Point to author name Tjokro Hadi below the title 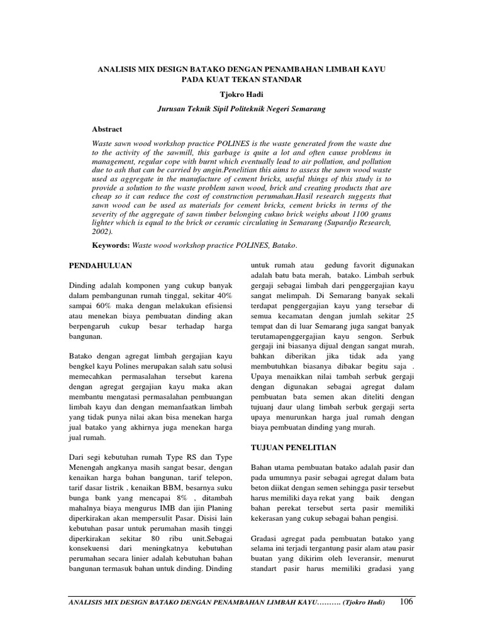tap(241, 94)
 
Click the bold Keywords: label tap(110, 246)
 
